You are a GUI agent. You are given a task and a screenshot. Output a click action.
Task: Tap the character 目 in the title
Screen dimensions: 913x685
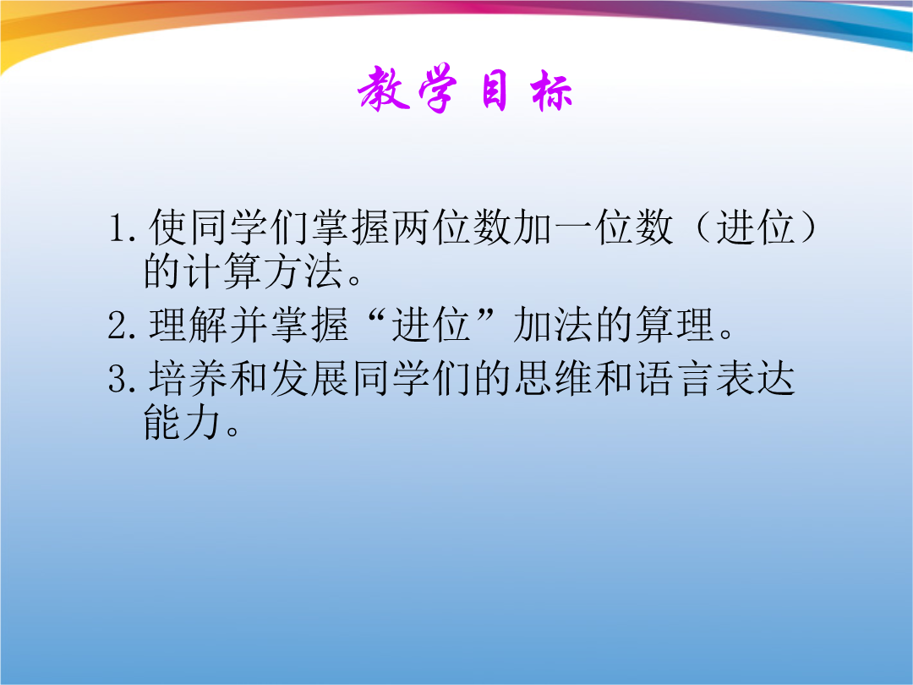click(x=495, y=90)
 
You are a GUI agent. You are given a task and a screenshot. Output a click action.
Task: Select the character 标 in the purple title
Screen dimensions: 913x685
click(x=551, y=90)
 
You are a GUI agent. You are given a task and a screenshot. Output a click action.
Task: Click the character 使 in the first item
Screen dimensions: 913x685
click(x=168, y=227)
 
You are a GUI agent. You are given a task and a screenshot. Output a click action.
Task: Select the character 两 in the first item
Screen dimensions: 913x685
click(x=412, y=227)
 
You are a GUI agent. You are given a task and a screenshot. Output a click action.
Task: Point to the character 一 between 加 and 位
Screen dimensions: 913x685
click(x=573, y=227)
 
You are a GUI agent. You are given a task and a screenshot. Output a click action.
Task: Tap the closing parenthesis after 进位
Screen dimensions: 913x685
click(x=807, y=227)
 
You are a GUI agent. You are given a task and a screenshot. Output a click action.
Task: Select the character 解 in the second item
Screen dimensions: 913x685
click(x=209, y=325)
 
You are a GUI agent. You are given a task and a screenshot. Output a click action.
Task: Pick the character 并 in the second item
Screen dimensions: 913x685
click(x=249, y=325)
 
